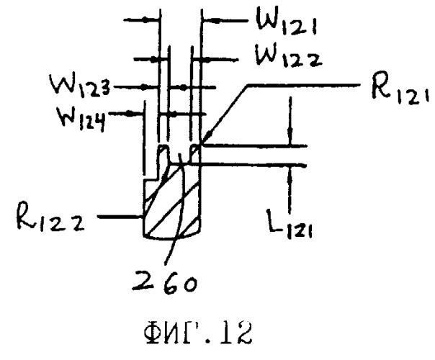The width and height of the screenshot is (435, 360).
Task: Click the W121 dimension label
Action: coord(287,22)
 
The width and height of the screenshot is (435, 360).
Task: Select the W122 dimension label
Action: coord(289,58)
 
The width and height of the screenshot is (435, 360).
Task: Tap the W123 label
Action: coord(80,85)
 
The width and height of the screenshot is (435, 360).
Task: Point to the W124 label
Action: coord(81,118)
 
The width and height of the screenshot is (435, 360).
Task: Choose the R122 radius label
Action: coord(50,216)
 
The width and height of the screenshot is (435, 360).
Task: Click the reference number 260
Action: coord(165,283)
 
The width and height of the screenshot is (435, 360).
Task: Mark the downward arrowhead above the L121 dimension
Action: coord(290,138)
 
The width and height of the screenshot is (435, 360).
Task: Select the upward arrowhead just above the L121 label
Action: coord(290,174)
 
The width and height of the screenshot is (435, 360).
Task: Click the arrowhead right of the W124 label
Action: coord(133,113)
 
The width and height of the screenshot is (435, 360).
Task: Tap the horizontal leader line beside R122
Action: coord(120,217)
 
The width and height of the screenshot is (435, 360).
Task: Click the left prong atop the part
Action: coord(163,154)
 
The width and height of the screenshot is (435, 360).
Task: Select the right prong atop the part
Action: coord(194,154)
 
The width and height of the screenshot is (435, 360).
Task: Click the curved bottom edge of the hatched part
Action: coord(172,238)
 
